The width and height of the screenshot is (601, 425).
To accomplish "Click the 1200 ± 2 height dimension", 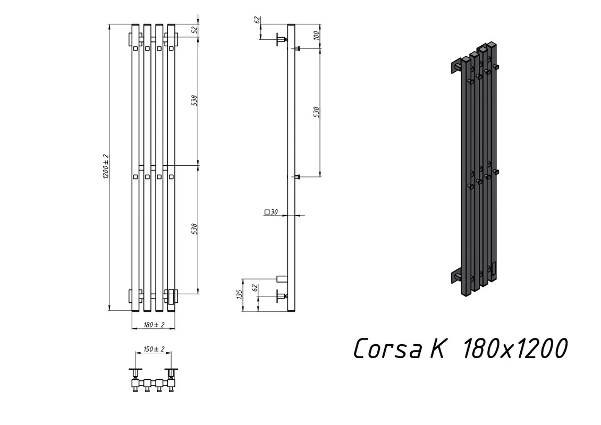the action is (x=106, y=167).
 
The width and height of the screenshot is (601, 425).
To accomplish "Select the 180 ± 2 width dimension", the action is (x=154, y=325).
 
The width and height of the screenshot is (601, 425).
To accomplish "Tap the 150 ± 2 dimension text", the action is (x=154, y=349).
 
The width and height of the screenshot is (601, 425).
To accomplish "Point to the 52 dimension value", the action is (x=194, y=29).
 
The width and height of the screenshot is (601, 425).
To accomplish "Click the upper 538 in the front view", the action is (x=194, y=100).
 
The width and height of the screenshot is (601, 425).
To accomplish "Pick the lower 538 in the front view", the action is (x=194, y=229).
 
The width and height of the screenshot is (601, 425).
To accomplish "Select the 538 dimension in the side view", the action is (x=316, y=112).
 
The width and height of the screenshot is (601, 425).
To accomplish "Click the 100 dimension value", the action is (x=316, y=36).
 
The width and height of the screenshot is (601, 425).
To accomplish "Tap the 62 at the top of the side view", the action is (x=258, y=20).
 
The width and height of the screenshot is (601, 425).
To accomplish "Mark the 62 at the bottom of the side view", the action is (x=256, y=288).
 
